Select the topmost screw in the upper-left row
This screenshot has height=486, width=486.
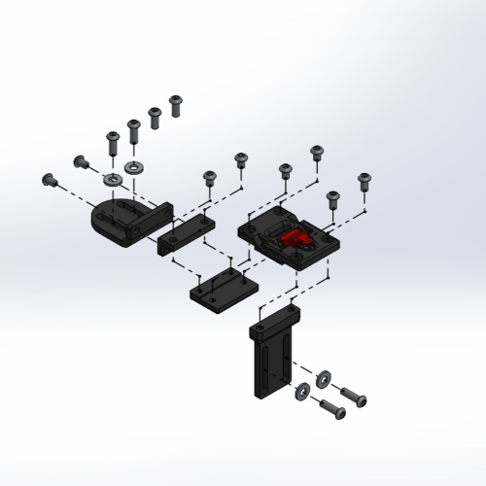coord(176,103)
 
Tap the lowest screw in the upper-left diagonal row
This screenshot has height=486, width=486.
coord(111,143)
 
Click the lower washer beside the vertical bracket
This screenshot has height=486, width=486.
coord(303,390)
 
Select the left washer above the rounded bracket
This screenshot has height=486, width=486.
coord(112,181)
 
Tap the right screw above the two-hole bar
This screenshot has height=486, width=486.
coord(240,160)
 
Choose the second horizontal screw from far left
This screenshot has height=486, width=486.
coord(81,161)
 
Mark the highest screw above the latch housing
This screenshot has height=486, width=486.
coord(316,153)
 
